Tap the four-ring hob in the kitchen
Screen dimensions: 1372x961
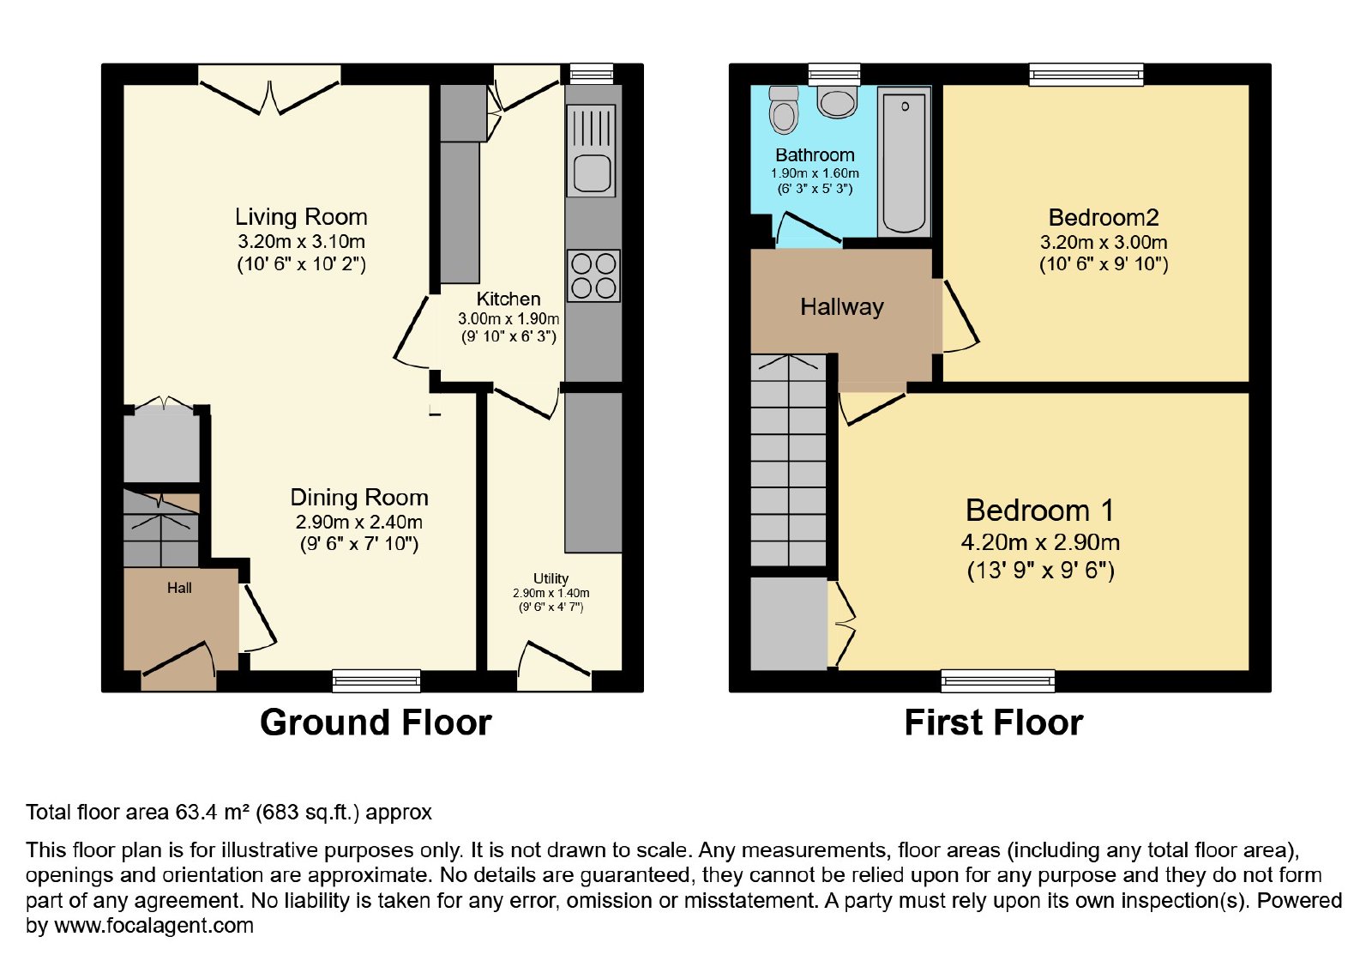click(593, 275)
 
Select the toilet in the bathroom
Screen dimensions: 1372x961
click(784, 111)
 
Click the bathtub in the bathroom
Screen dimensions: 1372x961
click(904, 161)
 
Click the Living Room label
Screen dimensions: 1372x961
click(301, 217)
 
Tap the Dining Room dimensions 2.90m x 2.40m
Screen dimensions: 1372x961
click(359, 523)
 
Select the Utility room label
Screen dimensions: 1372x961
click(551, 578)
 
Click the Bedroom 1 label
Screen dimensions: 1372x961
click(1039, 510)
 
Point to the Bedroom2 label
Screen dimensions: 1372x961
click(1104, 218)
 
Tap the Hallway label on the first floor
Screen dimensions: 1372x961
click(842, 306)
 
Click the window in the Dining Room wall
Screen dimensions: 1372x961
click(376, 681)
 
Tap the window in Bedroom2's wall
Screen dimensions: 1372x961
click(1086, 74)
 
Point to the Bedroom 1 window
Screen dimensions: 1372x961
click(998, 681)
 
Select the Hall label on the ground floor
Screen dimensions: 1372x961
click(179, 588)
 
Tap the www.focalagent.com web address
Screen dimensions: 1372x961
click(153, 925)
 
